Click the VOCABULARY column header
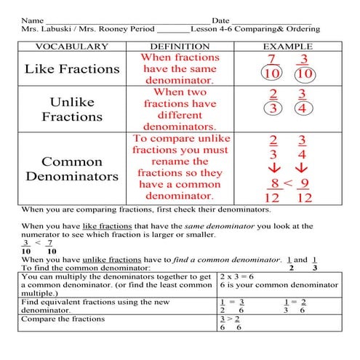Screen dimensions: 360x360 (x=72, y=47)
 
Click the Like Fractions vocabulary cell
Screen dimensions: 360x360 (x=72, y=69)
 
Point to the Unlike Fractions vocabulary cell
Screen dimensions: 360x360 (x=72, y=109)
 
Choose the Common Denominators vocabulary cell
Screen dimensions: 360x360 (x=72, y=168)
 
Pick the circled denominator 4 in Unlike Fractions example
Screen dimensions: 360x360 (x=303, y=110)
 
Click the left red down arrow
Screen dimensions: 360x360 (x=273, y=168)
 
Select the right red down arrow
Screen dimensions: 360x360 (x=303, y=168)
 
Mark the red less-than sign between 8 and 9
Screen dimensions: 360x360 (x=288, y=183)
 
